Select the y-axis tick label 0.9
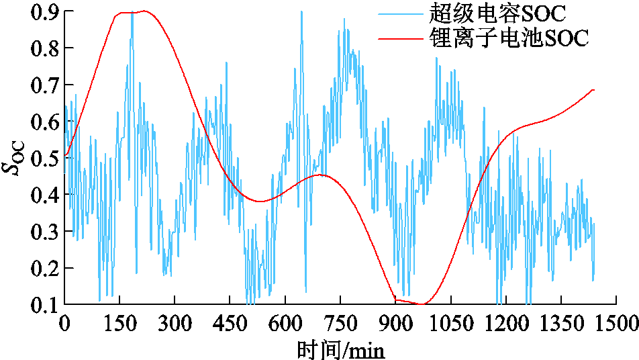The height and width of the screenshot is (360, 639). point(44,13)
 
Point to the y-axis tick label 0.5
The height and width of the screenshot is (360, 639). point(44,159)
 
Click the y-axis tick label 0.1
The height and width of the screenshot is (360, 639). point(44,305)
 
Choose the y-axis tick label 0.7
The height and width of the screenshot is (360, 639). point(44,86)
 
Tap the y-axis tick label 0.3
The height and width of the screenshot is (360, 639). point(44,232)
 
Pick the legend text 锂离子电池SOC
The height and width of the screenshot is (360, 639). point(507,38)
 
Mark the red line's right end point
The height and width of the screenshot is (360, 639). point(594,90)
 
